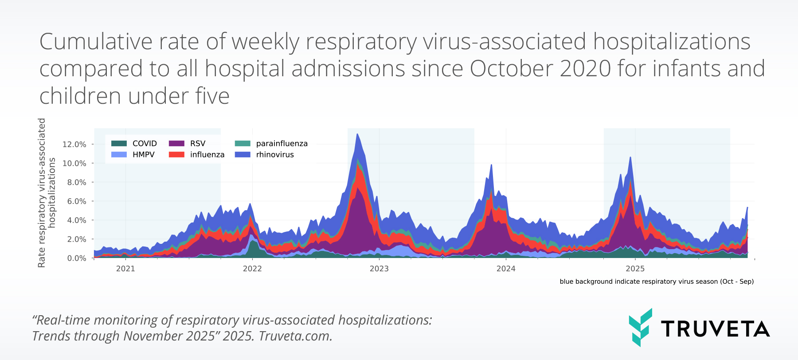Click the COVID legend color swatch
click(x=119, y=144)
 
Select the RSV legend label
click(x=198, y=144)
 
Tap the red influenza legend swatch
click(x=176, y=155)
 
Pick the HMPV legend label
click(x=144, y=155)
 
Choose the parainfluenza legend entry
click(x=282, y=144)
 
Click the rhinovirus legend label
click(x=275, y=155)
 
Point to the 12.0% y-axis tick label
click(x=74, y=145)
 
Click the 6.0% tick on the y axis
click(x=76, y=201)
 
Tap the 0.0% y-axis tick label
click(x=76, y=258)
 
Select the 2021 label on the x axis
click(x=125, y=269)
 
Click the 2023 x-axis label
click(x=379, y=269)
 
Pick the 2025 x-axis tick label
click(x=635, y=269)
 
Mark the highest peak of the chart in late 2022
click(x=357, y=134)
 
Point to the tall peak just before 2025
click(x=630, y=157)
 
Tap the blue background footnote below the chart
click(x=657, y=282)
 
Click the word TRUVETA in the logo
click(x=715, y=329)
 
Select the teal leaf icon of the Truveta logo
click(x=640, y=327)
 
